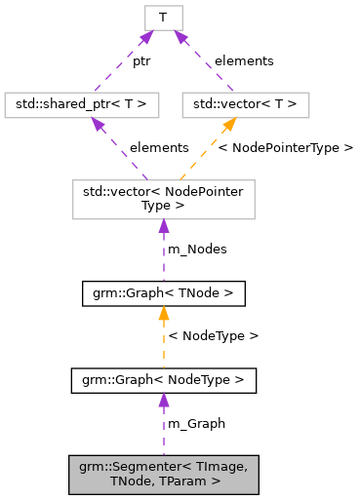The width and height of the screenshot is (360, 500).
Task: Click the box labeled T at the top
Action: click(162, 17)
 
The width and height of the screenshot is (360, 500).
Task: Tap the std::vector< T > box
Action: click(245, 104)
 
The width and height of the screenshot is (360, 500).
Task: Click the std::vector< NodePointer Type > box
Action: click(163, 199)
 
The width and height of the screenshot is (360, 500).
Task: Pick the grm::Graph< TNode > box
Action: click(163, 292)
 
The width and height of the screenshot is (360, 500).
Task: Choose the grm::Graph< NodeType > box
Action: click(163, 380)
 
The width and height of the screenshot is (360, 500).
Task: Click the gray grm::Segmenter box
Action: click(163, 474)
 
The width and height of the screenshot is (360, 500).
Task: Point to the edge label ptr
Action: click(141, 60)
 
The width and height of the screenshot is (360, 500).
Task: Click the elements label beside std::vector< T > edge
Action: click(244, 60)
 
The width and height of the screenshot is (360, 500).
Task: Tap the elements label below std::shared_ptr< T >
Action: click(159, 148)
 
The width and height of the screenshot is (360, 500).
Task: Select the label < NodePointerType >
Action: click(286, 148)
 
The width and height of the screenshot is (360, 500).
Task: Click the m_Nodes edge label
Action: click(197, 250)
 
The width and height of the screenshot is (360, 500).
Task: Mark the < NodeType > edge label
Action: click(214, 336)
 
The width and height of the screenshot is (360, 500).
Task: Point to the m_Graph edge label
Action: click(196, 424)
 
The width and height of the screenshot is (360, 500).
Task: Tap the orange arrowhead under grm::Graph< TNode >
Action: click(163, 313)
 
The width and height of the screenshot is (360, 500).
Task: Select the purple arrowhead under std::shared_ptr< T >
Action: click(98, 124)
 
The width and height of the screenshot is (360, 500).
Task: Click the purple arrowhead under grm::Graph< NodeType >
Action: click(163, 401)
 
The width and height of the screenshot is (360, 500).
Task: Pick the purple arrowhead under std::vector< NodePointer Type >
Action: click(163, 226)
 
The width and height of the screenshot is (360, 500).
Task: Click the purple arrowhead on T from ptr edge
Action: click(147, 36)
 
